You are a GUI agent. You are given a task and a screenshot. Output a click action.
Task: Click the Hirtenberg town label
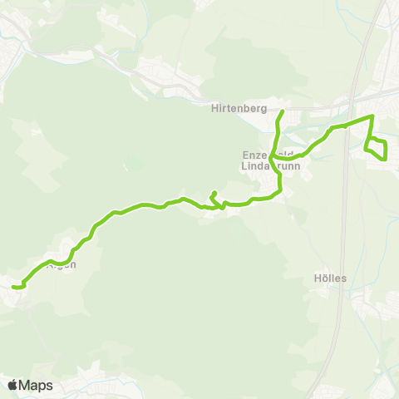click(238, 107)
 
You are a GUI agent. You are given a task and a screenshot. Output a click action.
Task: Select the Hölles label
click(331, 278)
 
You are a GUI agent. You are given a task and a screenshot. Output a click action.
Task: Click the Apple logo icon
click(13, 385)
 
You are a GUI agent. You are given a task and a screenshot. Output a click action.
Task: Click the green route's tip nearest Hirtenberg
click(283, 111)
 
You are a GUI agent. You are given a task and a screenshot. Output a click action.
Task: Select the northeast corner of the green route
click(372, 117)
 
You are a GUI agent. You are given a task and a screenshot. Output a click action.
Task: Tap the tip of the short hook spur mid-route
click(215, 193)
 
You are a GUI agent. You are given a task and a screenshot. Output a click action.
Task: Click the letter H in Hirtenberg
click(214, 107)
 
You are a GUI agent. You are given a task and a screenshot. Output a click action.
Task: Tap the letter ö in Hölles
click(324, 278)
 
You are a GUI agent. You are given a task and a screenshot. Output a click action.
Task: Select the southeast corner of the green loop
click(387, 158)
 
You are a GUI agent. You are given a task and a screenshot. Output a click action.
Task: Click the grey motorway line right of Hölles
click(342, 278)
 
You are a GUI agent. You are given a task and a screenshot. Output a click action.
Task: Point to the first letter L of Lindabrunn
click(244, 166)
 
